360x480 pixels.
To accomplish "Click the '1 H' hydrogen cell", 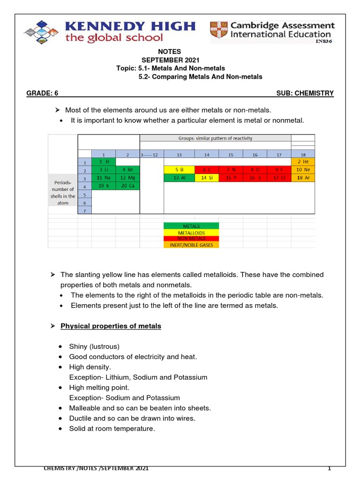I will [x=104, y=162].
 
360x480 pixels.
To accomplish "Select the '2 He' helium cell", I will [x=303, y=162].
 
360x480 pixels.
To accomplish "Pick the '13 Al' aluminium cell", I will [x=179, y=178].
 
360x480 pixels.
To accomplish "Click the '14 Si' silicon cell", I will [x=207, y=178].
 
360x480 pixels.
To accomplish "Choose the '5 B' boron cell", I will [x=179, y=170].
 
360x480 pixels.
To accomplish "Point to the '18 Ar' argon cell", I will [x=303, y=178].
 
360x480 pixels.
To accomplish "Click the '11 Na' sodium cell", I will [x=104, y=178].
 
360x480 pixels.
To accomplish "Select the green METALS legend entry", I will [x=191, y=226].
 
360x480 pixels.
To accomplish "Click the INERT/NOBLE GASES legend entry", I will [x=191, y=245].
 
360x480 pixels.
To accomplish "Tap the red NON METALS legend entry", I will [x=191, y=239].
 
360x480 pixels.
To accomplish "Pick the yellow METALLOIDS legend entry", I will [x=191, y=232].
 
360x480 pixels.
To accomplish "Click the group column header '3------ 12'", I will [x=151, y=154].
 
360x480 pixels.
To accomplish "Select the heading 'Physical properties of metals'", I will [x=111, y=326].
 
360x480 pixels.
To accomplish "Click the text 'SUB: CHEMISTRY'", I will [x=305, y=93].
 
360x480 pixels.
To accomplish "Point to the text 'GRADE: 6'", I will [x=42, y=93].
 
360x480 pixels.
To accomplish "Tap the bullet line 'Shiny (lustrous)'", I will [x=94, y=346].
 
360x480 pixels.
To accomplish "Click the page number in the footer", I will [x=329, y=468].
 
